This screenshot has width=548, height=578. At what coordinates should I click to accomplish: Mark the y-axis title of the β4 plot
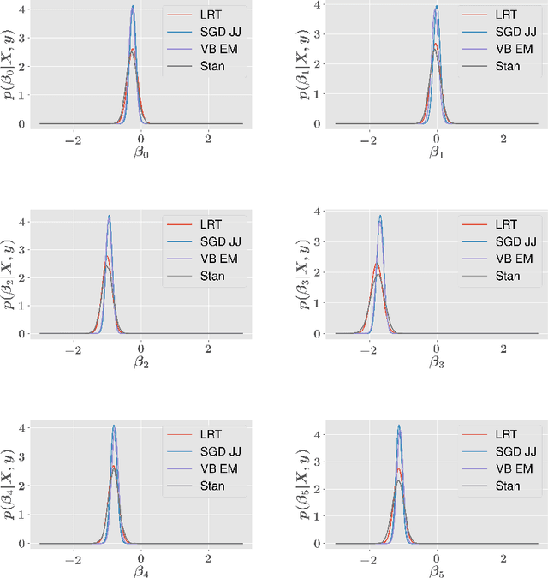(x=9, y=483)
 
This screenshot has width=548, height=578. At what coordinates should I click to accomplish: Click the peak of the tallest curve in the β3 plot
(x=379, y=216)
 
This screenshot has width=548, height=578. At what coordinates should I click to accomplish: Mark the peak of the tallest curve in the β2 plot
(x=109, y=216)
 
